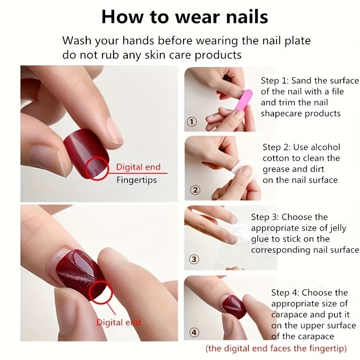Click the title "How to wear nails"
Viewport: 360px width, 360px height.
pyautogui.click(x=184, y=17)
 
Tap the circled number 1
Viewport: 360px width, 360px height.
pyautogui.click(x=192, y=121)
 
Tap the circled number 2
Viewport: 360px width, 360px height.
pyautogui.click(x=194, y=190)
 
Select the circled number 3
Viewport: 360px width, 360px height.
pyautogui.click(x=194, y=259)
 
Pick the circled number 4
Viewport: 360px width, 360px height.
pyautogui.click(x=194, y=333)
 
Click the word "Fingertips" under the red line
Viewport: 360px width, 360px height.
pyautogui.click(x=136, y=180)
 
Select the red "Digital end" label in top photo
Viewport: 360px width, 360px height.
pyautogui.click(x=138, y=167)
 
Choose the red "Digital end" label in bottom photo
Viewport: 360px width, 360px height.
pyautogui.click(x=118, y=322)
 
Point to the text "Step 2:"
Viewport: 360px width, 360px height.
pyautogui.click(x=277, y=147)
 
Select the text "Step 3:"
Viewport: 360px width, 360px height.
pyautogui.click(x=265, y=217)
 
